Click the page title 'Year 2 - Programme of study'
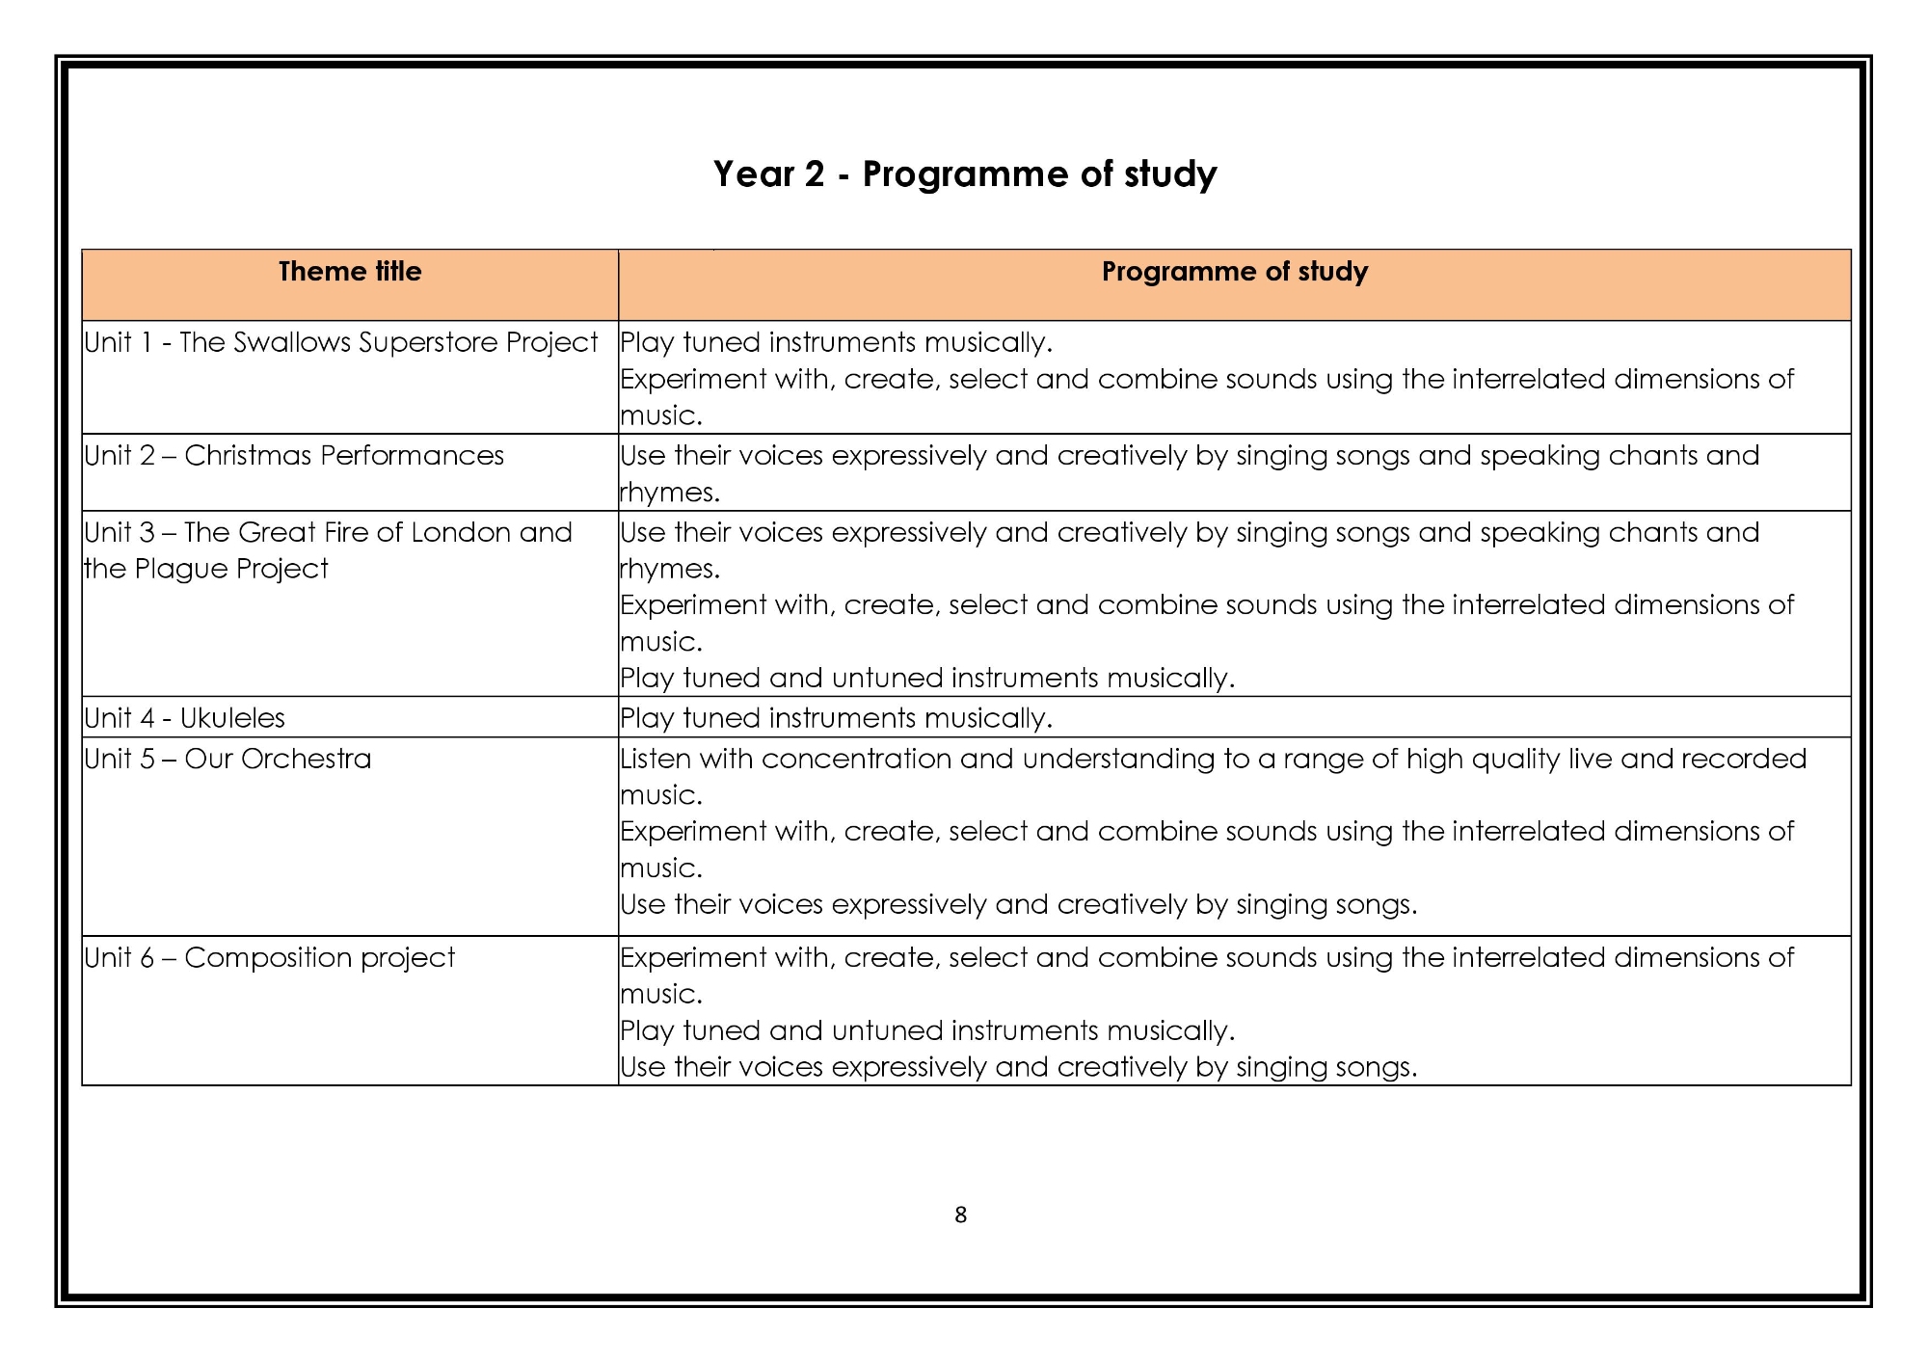[x=965, y=174]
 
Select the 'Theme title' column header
[x=350, y=272]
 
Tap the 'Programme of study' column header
[x=1234, y=272]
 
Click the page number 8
[x=960, y=1215]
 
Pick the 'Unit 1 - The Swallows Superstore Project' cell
[x=341, y=343]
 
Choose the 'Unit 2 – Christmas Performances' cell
[x=294, y=456]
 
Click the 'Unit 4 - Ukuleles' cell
[x=185, y=718]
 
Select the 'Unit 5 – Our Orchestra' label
[x=228, y=760]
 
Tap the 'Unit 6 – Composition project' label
[x=270, y=958]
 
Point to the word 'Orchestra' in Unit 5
[x=306, y=760]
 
